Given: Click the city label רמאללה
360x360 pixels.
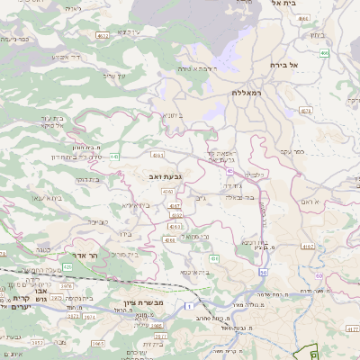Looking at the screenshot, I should pyautogui.click(x=245, y=92).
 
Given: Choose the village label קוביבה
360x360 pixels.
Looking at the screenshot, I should pyautogui.click(x=99, y=220).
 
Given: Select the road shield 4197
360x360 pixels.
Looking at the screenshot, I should pyautogui.click(x=307, y=246).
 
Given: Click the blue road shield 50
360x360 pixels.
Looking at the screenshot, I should pyautogui.click(x=263, y=271).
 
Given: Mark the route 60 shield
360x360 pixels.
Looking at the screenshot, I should pyautogui.click(x=319, y=276).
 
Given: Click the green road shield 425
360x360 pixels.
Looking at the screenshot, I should pyautogui.click(x=67, y=266).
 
